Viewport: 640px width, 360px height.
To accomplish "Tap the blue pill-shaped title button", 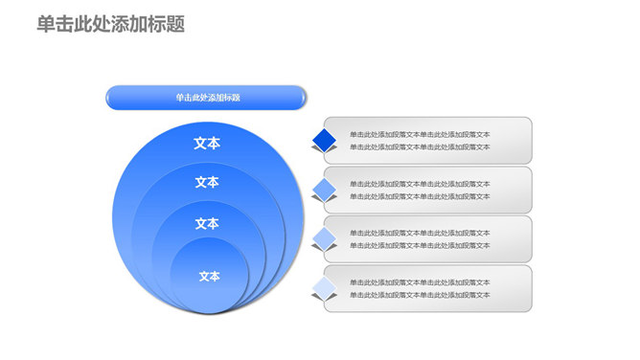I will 207,98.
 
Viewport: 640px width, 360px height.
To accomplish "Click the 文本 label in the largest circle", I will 207,143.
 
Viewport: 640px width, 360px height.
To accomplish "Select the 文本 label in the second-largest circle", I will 207,182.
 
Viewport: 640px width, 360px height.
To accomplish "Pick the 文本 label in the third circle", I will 207,224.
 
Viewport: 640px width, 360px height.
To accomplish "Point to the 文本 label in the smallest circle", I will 209,276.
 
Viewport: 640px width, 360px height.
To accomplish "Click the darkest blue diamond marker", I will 325,141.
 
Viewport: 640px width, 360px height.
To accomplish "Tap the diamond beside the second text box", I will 325,189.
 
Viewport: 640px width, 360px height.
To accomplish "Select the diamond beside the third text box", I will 325,238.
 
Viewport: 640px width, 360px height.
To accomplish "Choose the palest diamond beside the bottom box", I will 325,287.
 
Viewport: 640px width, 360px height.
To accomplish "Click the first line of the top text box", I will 420,134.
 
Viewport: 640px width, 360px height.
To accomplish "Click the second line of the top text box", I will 420,147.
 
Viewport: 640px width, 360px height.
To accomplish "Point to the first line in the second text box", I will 420,184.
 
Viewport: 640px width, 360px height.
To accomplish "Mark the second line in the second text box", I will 420,196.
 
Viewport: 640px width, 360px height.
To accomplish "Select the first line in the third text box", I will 420,233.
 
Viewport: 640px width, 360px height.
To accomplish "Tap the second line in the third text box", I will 420,246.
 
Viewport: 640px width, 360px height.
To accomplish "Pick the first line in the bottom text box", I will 420,282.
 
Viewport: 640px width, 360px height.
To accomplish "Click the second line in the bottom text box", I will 420,295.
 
